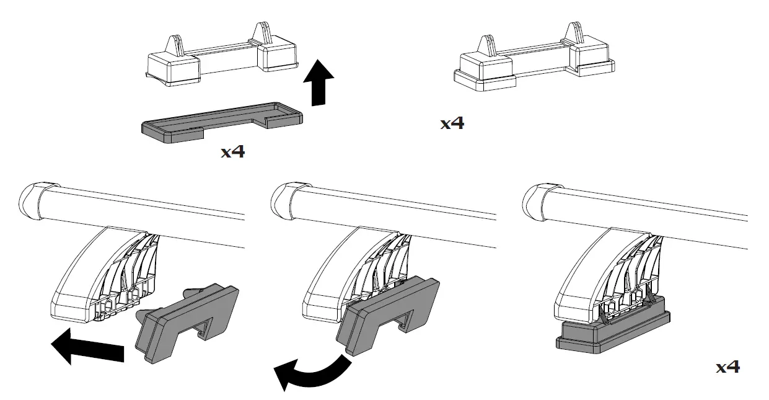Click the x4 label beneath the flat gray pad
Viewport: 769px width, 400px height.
[232, 151]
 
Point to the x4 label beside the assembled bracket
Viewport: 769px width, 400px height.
[452, 123]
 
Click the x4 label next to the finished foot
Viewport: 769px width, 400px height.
[727, 367]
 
